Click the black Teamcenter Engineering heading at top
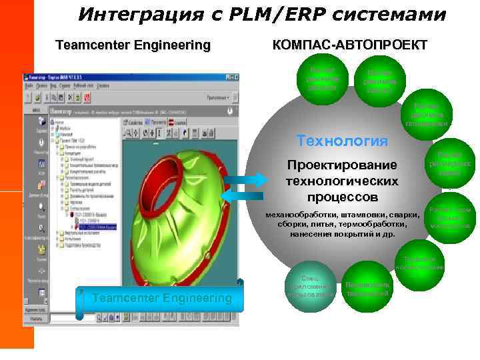click(133, 45)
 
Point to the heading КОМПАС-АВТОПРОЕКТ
click(350, 45)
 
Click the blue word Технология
click(342, 141)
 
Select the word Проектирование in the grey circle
click(341, 165)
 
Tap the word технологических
click(342, 181)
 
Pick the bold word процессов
click(342, 197)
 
